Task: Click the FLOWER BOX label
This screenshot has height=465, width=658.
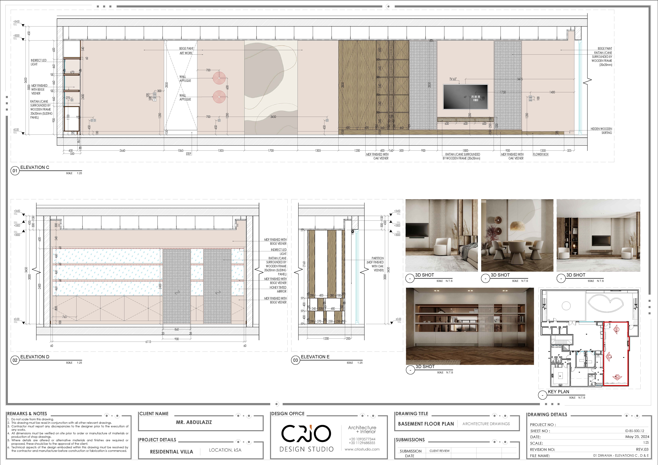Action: [540, 154]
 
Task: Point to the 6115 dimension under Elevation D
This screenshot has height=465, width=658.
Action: [148, 342]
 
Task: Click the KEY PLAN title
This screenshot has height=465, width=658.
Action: [558, 392]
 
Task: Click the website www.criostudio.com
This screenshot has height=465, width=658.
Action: [362, 449]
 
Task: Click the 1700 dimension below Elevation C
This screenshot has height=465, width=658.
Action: [271, 150]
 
